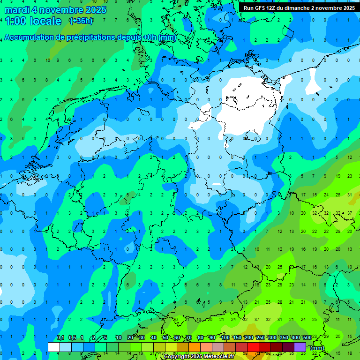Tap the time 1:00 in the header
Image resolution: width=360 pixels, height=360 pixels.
coord(15,21)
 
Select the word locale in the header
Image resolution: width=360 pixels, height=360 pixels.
coord(45,21)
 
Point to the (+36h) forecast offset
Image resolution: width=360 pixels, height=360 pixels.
coord(81,21)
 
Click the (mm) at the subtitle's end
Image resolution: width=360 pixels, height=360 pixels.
coord(167,37)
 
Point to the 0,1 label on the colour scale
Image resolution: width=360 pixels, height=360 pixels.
coord(60,337)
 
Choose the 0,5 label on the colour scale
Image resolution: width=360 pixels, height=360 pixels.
coord(72,337)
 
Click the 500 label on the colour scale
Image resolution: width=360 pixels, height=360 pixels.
coord(307,337)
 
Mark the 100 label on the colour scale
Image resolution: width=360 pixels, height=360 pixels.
coord(225,337)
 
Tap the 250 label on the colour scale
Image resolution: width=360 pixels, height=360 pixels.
coord(261,337)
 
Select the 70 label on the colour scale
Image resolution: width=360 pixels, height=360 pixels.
coord(189,337)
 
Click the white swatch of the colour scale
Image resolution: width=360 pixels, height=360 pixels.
coord(54,347)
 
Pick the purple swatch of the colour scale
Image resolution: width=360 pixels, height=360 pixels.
coord(300,347)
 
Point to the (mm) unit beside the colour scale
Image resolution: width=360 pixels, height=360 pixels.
coord(317,348)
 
